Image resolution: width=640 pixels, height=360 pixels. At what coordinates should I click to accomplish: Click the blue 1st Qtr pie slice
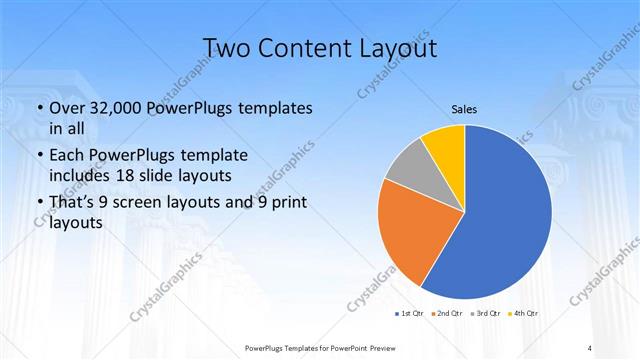tap(500, 220)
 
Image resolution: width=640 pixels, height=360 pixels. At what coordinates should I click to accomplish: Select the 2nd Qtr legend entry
tap(447, 313)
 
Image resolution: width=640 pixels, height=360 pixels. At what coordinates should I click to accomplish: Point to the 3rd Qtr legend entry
tap(486, 313)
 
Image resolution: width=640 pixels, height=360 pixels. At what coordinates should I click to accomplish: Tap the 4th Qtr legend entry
tap(525, 313)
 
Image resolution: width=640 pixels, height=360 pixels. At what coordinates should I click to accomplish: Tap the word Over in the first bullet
tap(68, 108)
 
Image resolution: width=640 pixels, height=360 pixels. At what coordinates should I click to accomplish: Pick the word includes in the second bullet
tap(84, 177)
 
